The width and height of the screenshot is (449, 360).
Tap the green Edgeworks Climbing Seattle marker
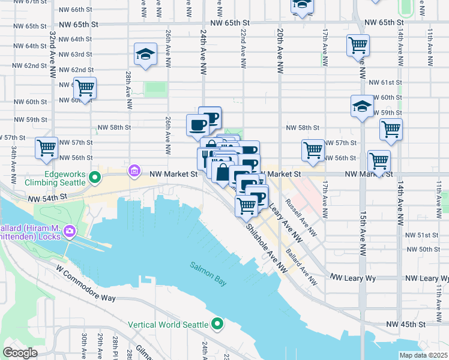click(94, 178)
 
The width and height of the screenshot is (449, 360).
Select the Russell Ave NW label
click(301, 218)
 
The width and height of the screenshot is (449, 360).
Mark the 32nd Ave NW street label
click(53, 54)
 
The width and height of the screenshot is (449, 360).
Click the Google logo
click(20, 353)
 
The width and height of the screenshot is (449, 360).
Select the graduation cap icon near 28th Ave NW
click(145, 55)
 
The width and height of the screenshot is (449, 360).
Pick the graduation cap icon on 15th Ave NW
click(362, 106)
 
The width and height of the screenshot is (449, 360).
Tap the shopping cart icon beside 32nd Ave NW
click(85, 89)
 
